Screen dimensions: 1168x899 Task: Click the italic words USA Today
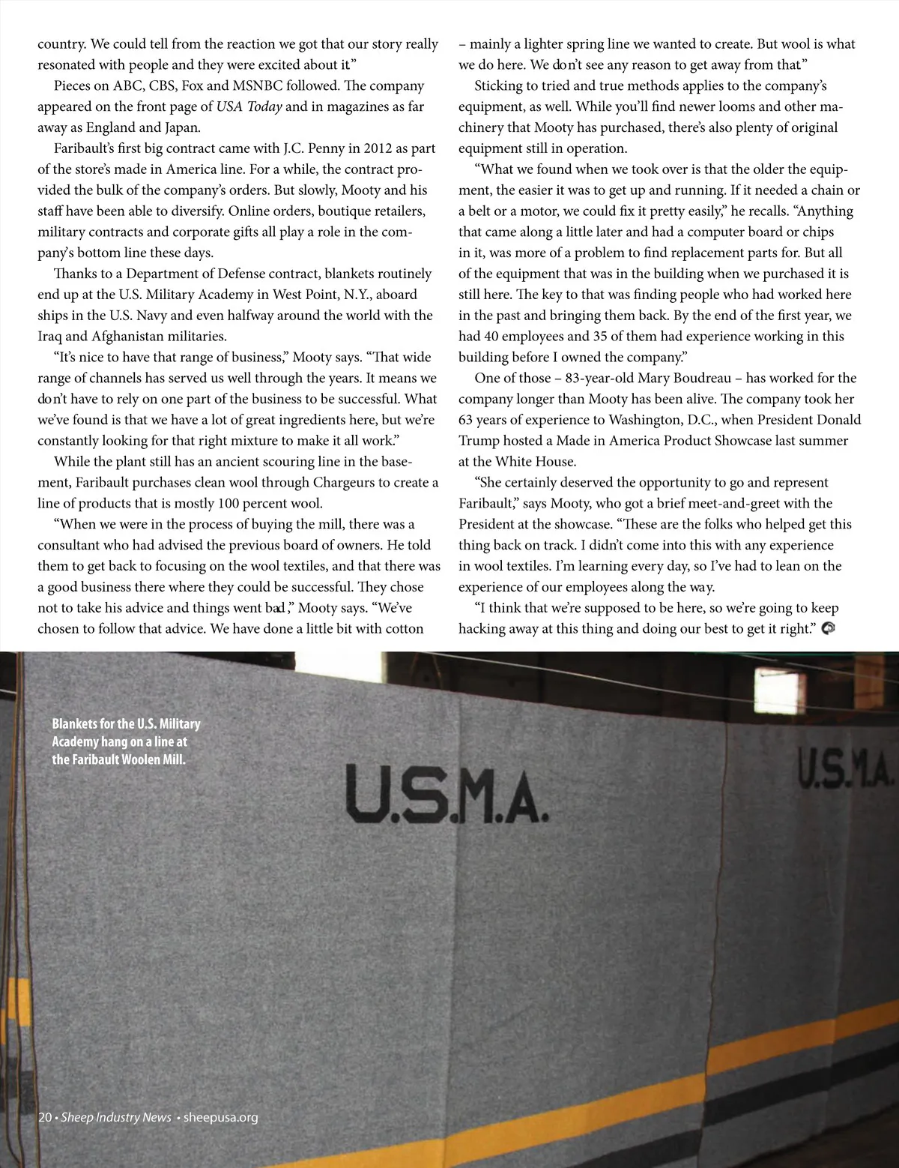(249, 106)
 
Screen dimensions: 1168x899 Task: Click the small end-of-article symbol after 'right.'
(829, 628)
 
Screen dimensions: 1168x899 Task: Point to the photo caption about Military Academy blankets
(126, 742)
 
